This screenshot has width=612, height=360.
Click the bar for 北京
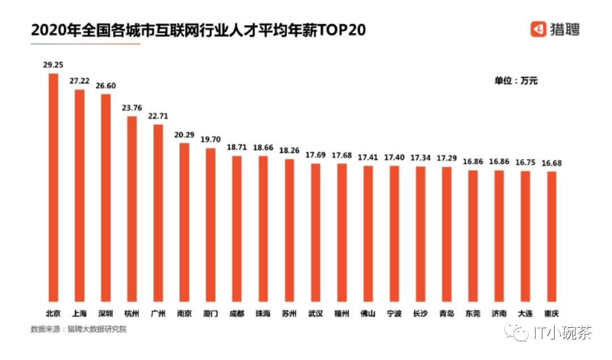(53, 187)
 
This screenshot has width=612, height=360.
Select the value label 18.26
(289, 151)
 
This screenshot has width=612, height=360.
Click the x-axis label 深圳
(105, 313)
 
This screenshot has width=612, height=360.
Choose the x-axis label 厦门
(210, 313)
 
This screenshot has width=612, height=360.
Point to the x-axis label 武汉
(315, 313)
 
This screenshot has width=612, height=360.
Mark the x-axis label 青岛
(447, 313)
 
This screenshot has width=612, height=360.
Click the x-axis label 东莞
(473, 313)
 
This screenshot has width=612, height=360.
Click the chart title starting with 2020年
(198, 29)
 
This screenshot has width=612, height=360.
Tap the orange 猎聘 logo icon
(538, 29)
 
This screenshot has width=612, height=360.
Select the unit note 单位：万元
(516, 81)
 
